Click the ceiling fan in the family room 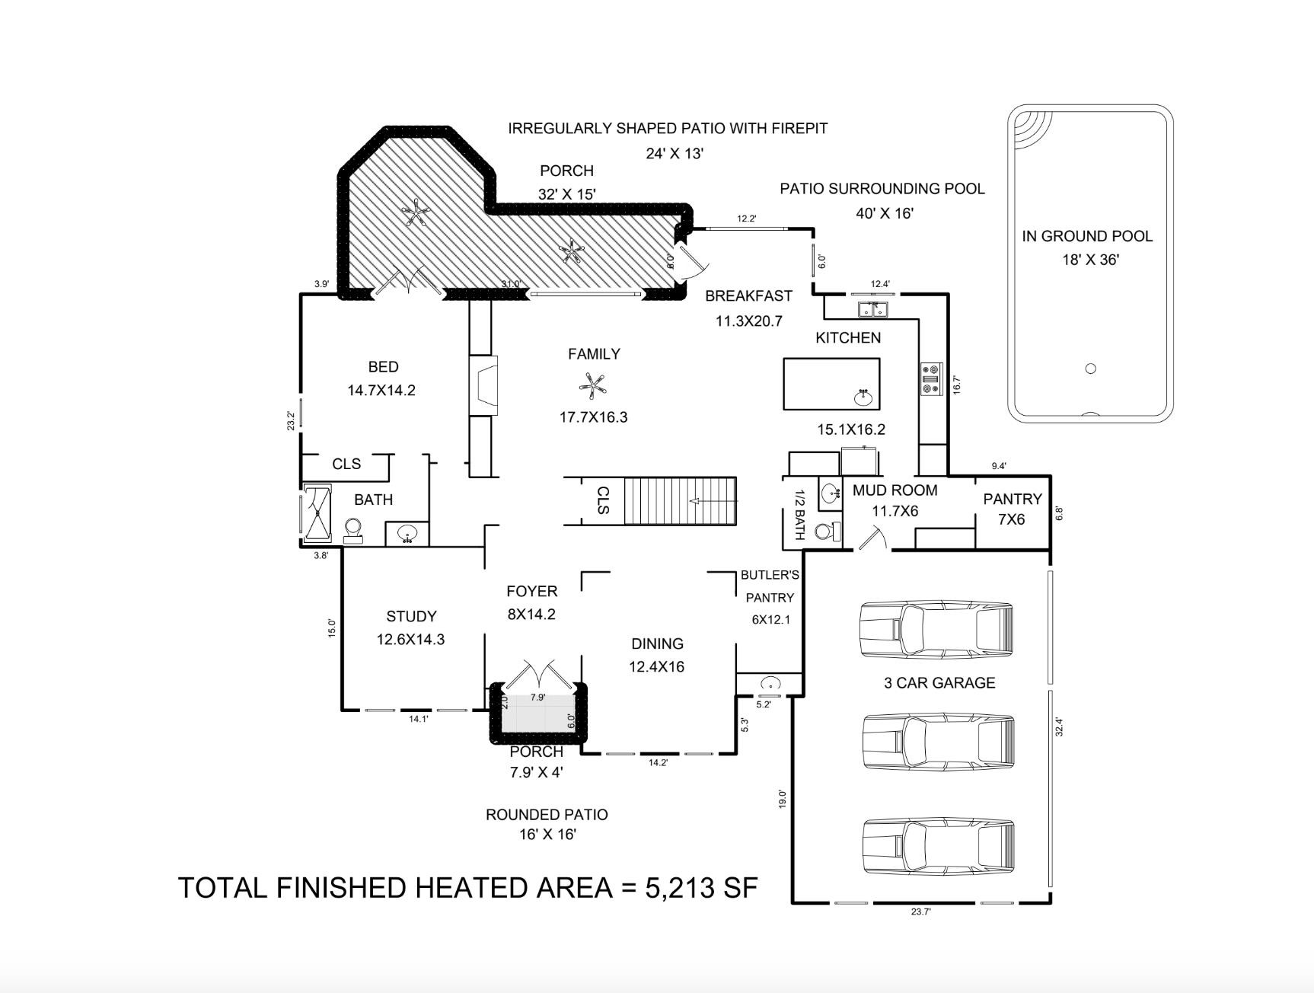[593, 385]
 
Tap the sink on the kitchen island [863, 398]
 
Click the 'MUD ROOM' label [895, 490]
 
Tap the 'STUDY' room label [411, 616]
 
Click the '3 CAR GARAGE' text [939, 683]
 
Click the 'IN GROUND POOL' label [1087, 236]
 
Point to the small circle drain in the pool [1090, 369]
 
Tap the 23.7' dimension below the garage [921, 912]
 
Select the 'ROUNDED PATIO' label [547, 815]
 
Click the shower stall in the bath [317, 513]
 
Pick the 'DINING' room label [657, 643]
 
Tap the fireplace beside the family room [483, 385]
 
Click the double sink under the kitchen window [873, 309]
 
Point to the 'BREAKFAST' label [748, 295]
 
